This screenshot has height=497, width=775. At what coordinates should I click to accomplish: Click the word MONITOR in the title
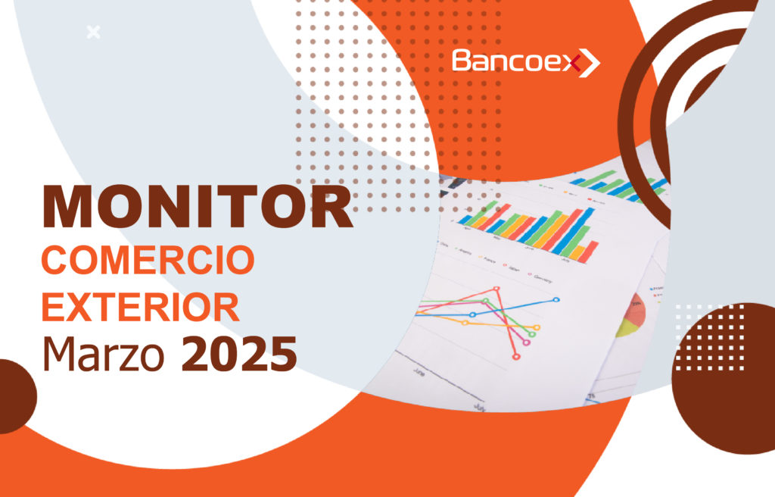coord(198,206)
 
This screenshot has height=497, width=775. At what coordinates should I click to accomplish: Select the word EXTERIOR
coord(141,307)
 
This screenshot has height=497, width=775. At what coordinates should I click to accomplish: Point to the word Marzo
coord(103,354)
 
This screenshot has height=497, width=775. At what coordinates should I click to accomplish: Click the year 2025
coord(239,354)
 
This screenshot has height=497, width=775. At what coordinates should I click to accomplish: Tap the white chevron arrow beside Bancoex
coord(589,63)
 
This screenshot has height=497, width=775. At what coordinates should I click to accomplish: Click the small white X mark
coord(93,32)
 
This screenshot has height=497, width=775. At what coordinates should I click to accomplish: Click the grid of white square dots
coord(710,337)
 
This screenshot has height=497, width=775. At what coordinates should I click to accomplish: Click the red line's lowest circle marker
coord(516,356)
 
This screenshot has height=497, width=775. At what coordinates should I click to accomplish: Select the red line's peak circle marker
coord(496,289)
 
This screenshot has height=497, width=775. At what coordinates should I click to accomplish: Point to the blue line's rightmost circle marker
coord(556,299)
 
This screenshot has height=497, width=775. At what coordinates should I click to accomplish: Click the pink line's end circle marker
coord(527,342)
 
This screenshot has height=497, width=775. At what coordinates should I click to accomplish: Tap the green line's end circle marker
coord(532,334)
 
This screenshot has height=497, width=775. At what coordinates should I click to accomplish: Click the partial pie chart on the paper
coord(632,315)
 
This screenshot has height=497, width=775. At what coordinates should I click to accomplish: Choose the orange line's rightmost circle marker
coord(537,327)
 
